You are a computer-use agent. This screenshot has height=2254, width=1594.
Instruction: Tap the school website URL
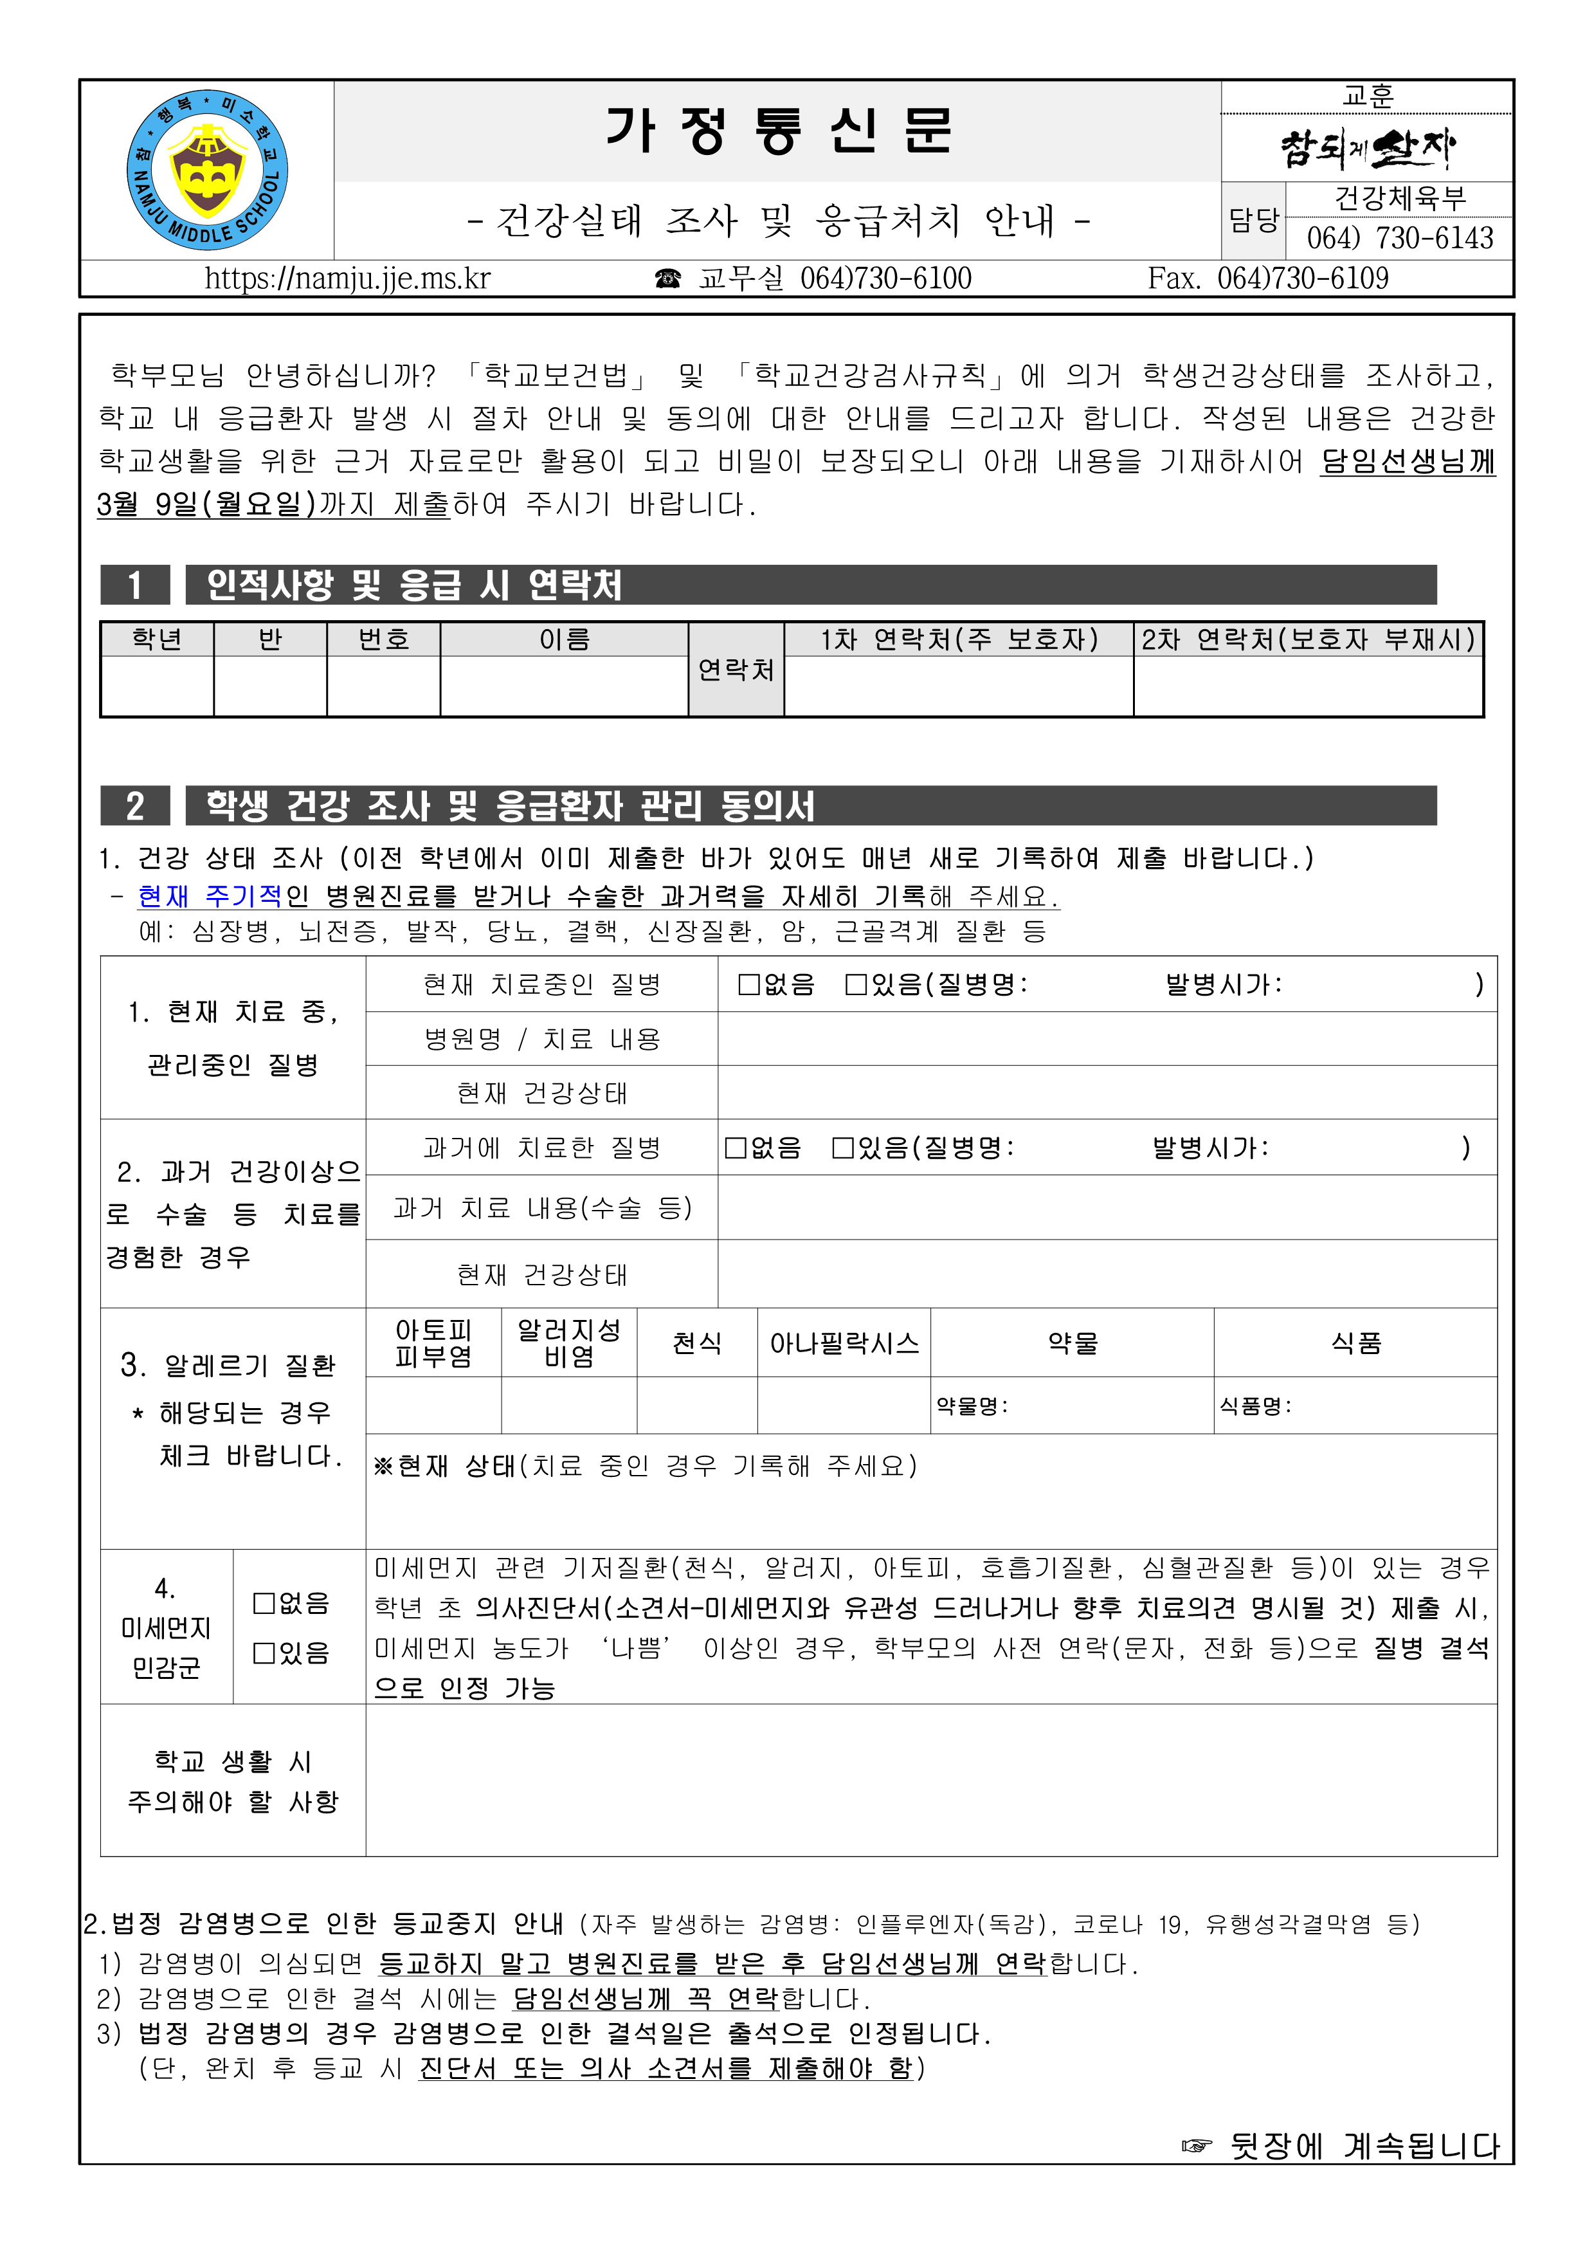[x=347, y=279]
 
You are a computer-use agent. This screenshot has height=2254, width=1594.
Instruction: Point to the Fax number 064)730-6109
[x=1268, y=279]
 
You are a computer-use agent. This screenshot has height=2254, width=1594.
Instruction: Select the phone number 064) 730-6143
[x=1400, y=237]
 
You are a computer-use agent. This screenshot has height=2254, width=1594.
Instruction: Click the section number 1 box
[x=136, y=585]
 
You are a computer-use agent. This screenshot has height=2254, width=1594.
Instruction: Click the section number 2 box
[x=136, y=806]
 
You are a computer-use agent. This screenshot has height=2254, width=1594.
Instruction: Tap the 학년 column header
[x=157, y=640]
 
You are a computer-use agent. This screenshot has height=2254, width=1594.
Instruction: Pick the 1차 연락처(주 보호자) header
[x=959, y=640]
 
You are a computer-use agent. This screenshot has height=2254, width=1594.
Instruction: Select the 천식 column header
[x=697, y=1343]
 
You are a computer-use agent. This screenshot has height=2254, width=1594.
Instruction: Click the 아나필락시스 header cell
[x=844, y=1343]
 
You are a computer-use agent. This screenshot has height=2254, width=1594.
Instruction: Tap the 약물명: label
[x=972, y=1406]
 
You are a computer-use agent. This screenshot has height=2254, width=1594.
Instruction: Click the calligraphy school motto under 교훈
[x=1367, y=147]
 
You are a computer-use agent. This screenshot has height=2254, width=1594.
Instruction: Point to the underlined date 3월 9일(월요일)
[x=207, y=504]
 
